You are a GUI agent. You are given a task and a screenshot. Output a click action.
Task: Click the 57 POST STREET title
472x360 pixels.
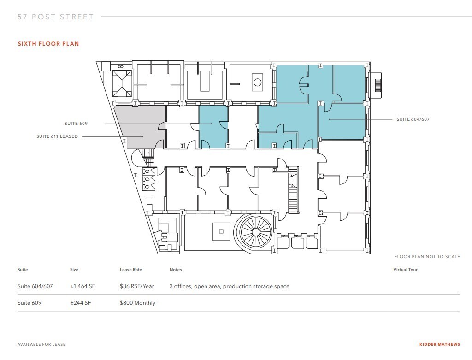click(x=56, y=17)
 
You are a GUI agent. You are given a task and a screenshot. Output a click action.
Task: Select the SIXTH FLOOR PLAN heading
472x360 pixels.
click(x=48, y=44)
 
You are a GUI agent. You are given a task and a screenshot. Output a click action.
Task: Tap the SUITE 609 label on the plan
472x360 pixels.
click(x=76, y=124)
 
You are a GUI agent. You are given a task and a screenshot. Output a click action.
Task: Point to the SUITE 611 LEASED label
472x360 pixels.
click(x=57, y=136)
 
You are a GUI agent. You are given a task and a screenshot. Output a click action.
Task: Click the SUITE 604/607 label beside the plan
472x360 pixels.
click(x=413, y=119)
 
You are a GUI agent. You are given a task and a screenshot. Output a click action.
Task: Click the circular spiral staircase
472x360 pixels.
click(x=255, y=232)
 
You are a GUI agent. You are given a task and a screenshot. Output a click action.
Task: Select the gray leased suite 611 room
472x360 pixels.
click(x=142, y=126)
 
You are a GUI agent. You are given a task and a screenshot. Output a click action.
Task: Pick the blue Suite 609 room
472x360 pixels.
click(x=213, y=126)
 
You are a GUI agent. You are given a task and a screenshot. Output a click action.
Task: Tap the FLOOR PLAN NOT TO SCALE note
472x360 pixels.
click(x=427, y=256)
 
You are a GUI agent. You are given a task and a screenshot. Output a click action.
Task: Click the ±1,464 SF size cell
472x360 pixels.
click(x=83, y=286)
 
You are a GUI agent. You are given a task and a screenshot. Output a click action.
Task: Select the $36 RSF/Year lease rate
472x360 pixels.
click(x=136, y=286)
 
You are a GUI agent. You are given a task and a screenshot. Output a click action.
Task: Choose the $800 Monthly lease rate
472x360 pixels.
click(x=137, y=303)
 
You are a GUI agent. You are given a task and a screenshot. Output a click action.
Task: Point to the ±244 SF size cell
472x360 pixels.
click(x=80, y=303)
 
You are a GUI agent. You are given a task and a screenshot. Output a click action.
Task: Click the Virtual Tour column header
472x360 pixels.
click(x=406, y=270)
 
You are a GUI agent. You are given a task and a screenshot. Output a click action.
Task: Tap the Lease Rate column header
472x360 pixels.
click(x=130, y=270)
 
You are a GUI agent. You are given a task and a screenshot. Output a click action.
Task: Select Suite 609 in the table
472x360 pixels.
click(x=29, y=303)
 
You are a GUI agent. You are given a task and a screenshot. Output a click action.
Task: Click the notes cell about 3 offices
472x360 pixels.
click(x=230, y=286)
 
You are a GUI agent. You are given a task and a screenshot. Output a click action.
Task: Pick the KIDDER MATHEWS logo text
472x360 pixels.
click(x=440, y=344)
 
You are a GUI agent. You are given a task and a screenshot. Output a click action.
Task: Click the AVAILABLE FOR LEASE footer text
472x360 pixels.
click(x=41, y=344)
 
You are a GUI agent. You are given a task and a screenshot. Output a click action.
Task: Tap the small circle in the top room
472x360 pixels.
click(x=257, y=82)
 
